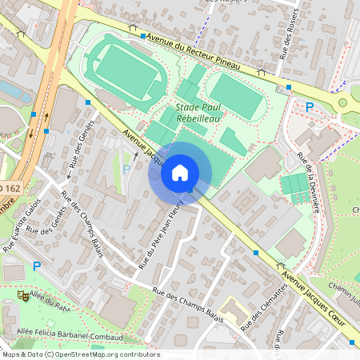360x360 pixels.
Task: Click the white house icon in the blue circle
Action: [x=180, y=172]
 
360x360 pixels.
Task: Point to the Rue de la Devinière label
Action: [x=307, y=181]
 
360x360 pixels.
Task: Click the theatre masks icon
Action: [x=22, y=296]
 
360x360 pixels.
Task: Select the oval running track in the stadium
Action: [x=124, y=68]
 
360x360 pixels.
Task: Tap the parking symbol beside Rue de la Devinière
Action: [x=309, y=106]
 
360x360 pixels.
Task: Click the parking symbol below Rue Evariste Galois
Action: [x=36, y=266]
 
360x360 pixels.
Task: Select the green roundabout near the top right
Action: [x=343, y=102]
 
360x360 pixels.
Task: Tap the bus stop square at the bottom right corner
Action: [x=350, y=342]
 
